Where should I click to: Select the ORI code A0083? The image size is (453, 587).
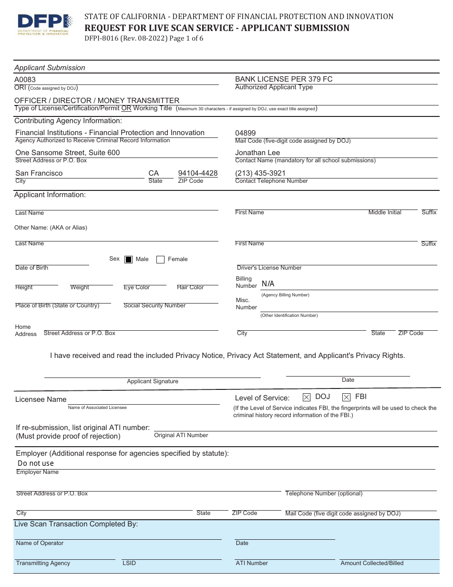(x=25, y=80)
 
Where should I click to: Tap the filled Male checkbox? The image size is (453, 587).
(x=128, y=260)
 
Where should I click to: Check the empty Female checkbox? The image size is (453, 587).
(x=161, y=260)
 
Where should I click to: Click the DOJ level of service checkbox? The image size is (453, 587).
(x=307, y=397)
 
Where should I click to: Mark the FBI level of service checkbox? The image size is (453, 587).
(x=347, y=397)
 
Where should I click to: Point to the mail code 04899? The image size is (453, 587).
(x=246, y=133)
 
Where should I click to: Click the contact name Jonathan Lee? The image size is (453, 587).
(x=257, y=153)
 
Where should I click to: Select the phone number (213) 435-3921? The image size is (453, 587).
(x=260, y=173)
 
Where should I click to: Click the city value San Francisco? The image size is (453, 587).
(x=39, y=173)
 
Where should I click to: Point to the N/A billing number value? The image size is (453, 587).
(x=268, y=284)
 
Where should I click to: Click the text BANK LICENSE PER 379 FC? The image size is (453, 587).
(x=284, y=79)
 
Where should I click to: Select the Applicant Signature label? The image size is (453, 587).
(x=153, y=381)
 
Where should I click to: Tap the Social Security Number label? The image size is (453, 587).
(x=154, y=305)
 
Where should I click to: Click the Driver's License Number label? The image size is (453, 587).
(x=269, y=268)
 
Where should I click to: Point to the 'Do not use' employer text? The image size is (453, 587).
(x=36, y=463)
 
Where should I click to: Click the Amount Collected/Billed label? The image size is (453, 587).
(x=372, y=563)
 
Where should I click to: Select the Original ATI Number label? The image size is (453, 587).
(x=181, y=435)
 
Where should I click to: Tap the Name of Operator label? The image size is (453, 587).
(x=40, y=543)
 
